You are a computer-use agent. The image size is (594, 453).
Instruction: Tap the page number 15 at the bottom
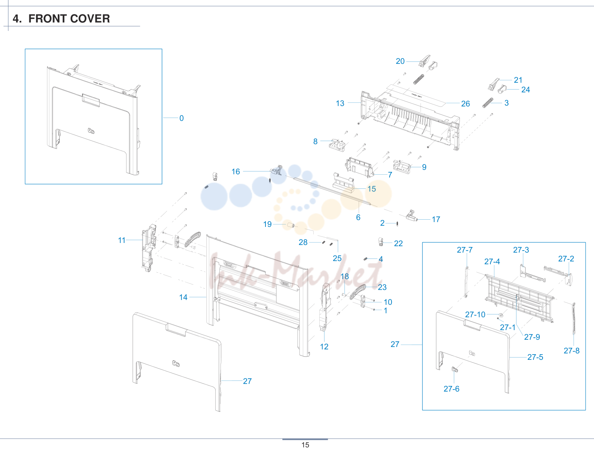305,445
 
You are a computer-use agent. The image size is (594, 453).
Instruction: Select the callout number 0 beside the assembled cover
182,118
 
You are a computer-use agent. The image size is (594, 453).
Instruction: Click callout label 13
340,103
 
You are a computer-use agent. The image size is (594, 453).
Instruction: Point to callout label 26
465,104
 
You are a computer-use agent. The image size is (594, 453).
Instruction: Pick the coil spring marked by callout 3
488,103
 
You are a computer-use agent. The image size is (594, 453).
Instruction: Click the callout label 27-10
475,314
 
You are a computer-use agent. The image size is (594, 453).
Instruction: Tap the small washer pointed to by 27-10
501,315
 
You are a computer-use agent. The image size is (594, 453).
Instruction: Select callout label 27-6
451,389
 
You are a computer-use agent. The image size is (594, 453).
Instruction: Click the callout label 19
267,224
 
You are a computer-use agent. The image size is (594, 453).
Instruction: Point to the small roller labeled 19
291,225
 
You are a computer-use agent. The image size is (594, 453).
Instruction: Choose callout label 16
236,171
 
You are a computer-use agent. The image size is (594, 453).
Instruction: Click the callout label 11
122,240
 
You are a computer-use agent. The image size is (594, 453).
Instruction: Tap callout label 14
183,298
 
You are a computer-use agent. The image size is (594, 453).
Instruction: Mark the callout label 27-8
572,351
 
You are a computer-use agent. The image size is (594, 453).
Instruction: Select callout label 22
398,243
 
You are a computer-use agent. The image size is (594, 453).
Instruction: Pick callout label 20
400,61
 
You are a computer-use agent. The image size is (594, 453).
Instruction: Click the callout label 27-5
535,357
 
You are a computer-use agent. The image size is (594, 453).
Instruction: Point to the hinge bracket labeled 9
402,166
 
